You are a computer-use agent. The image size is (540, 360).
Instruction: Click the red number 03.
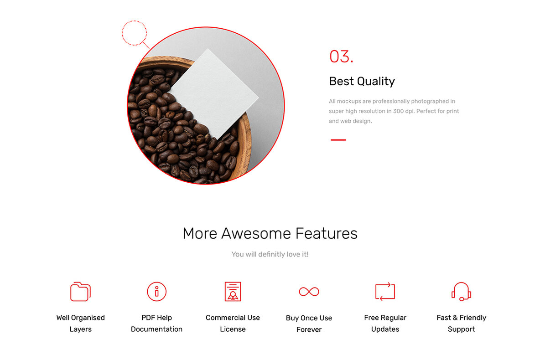pyautogui.click(x=341, y=57)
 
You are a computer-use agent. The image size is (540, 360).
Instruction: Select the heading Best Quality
pyautogui.click(x=362, y=82)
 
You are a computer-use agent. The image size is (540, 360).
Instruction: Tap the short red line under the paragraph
pyautogui.click(x=338, y=140)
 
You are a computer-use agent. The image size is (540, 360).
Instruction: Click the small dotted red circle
pyautogui.click(x=134, y=33)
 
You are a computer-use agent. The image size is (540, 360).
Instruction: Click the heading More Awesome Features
pyautogui.click(x=270, y=233)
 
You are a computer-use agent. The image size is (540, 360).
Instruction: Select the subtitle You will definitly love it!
pyautogui.click(x=270, y=254)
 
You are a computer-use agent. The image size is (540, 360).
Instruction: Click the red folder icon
pyautogui.click(x=80, y=292)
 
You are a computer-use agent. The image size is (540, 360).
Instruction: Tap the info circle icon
pyautogui.click(x=156, y=292)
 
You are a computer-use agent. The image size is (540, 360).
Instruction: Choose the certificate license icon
pyautogui.click(x=233, y=292)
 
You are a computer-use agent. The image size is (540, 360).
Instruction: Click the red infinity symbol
pyautogui.click(x=309, y=292)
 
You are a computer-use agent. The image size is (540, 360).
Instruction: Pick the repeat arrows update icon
pyautogui.click(x=385, y=292)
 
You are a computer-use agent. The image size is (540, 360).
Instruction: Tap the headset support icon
pyautogui.click(x=461, y=292)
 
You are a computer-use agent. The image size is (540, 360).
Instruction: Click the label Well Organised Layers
pyautogui.click(x=80, y=323)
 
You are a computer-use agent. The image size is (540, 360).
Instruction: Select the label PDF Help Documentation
pyautogui.click(x=156, y=323)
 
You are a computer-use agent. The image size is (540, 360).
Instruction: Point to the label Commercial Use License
pyautogui.click(x=233, y=323)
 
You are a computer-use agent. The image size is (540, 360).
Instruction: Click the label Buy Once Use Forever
pyautogui.click(x=309, y=324)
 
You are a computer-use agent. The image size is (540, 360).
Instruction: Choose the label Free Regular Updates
pyautogui.click(x=385, y=323)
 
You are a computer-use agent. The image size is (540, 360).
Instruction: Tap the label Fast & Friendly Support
pyautogui.click(x=461, y=323)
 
